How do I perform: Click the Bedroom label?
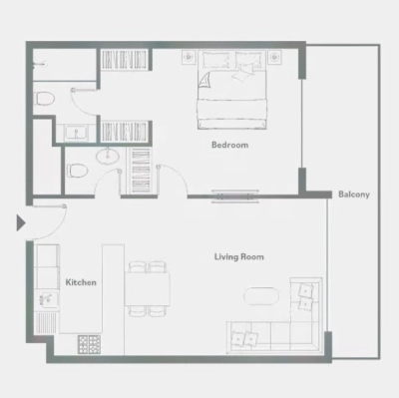coord(229,146)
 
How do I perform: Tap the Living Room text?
coord(238,257)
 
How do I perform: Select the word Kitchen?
coord(81,283)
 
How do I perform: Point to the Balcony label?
coord(353,195)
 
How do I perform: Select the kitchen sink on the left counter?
coord(46,299)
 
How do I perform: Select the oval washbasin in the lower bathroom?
coord(107,157)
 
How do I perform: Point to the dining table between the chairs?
coord(149,288)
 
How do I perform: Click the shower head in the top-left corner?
coord(40,62)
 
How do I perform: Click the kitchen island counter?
coord(112,299)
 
